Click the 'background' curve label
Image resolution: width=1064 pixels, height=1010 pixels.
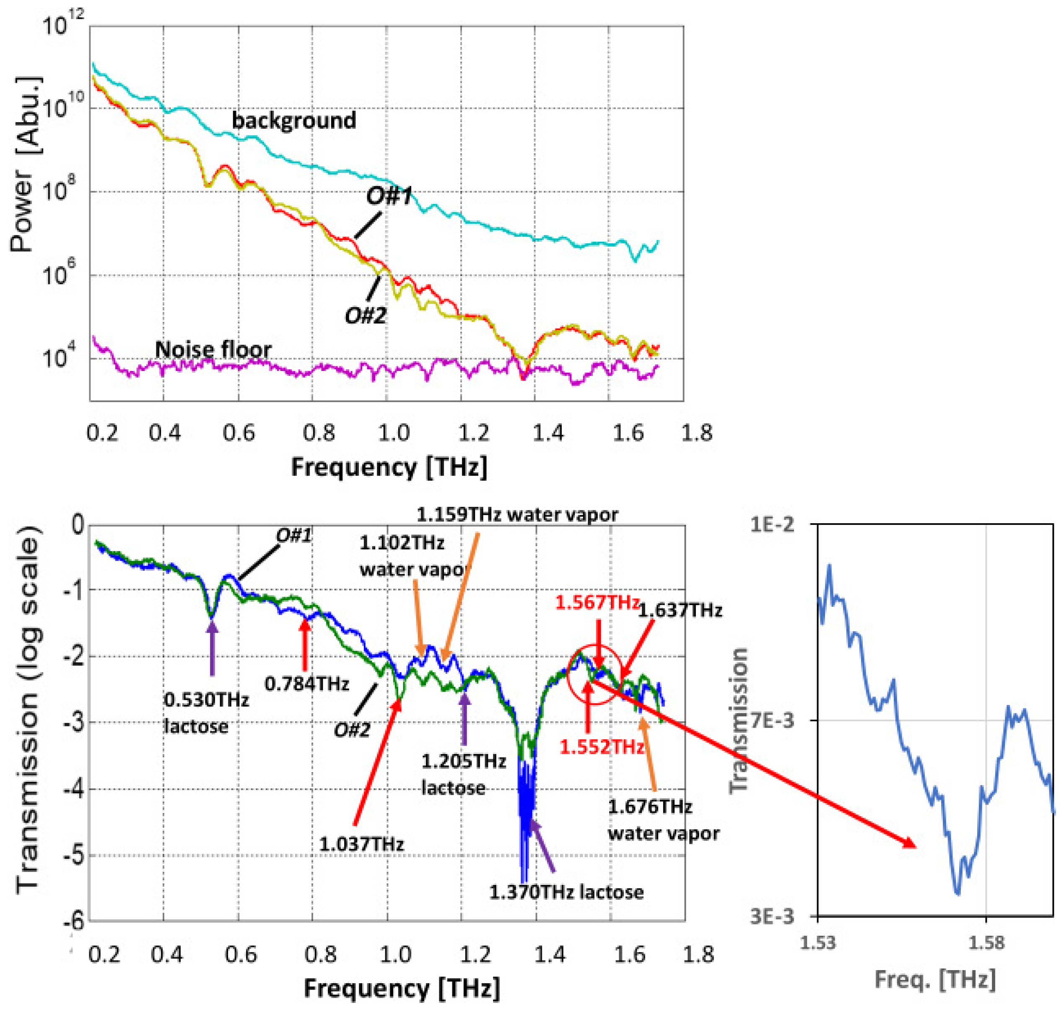(x=294, y=120)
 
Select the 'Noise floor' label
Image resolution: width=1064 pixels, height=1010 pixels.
(x=213, y=350)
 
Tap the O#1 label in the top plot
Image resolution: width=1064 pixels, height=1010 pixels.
(x=389, y=196)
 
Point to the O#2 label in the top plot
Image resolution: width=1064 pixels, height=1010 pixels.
(x=366, y=315)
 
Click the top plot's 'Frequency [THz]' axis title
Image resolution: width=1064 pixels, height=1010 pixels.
(x=389, y=467)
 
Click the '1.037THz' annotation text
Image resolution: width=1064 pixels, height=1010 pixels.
(x=361, y=844)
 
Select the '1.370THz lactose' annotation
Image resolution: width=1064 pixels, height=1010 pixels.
(x=566, y=892)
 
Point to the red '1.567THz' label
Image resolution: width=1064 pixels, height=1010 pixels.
(x=597, y=603)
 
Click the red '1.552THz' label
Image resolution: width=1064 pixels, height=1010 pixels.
(x=602, y=747)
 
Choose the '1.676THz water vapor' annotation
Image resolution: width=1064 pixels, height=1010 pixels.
(x=663, y=820)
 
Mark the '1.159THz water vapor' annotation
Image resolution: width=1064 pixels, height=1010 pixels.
(x=517, y=515)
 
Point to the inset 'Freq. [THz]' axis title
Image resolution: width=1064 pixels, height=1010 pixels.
(x=935, y=979)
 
